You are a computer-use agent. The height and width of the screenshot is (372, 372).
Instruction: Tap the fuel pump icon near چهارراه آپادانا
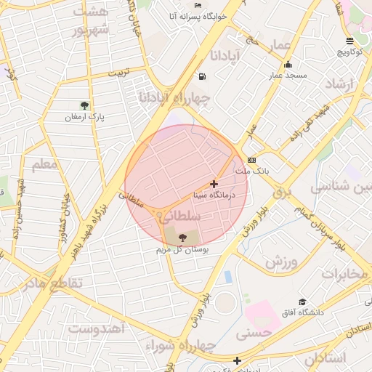pos(201,76)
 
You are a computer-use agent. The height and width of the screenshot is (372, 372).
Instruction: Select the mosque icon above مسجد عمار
pos(288,64)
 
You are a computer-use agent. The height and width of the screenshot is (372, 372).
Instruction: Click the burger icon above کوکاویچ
pos(350,41)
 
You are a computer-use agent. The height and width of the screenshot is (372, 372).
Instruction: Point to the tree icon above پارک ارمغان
pos(86,105)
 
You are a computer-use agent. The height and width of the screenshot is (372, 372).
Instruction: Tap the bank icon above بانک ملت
pos(251,160)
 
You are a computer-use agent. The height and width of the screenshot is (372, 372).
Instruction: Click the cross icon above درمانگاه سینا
pos(214,185)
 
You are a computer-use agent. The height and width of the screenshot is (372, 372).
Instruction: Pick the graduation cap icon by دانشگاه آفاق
pos(302,302)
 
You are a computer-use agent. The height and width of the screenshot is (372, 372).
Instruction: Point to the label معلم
pos(44,164)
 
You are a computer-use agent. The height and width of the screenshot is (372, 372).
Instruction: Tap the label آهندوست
pos(98,328)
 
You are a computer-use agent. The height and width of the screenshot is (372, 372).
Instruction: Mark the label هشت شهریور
pos(92,22)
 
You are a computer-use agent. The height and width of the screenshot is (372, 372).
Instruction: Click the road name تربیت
pos(118,73)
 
